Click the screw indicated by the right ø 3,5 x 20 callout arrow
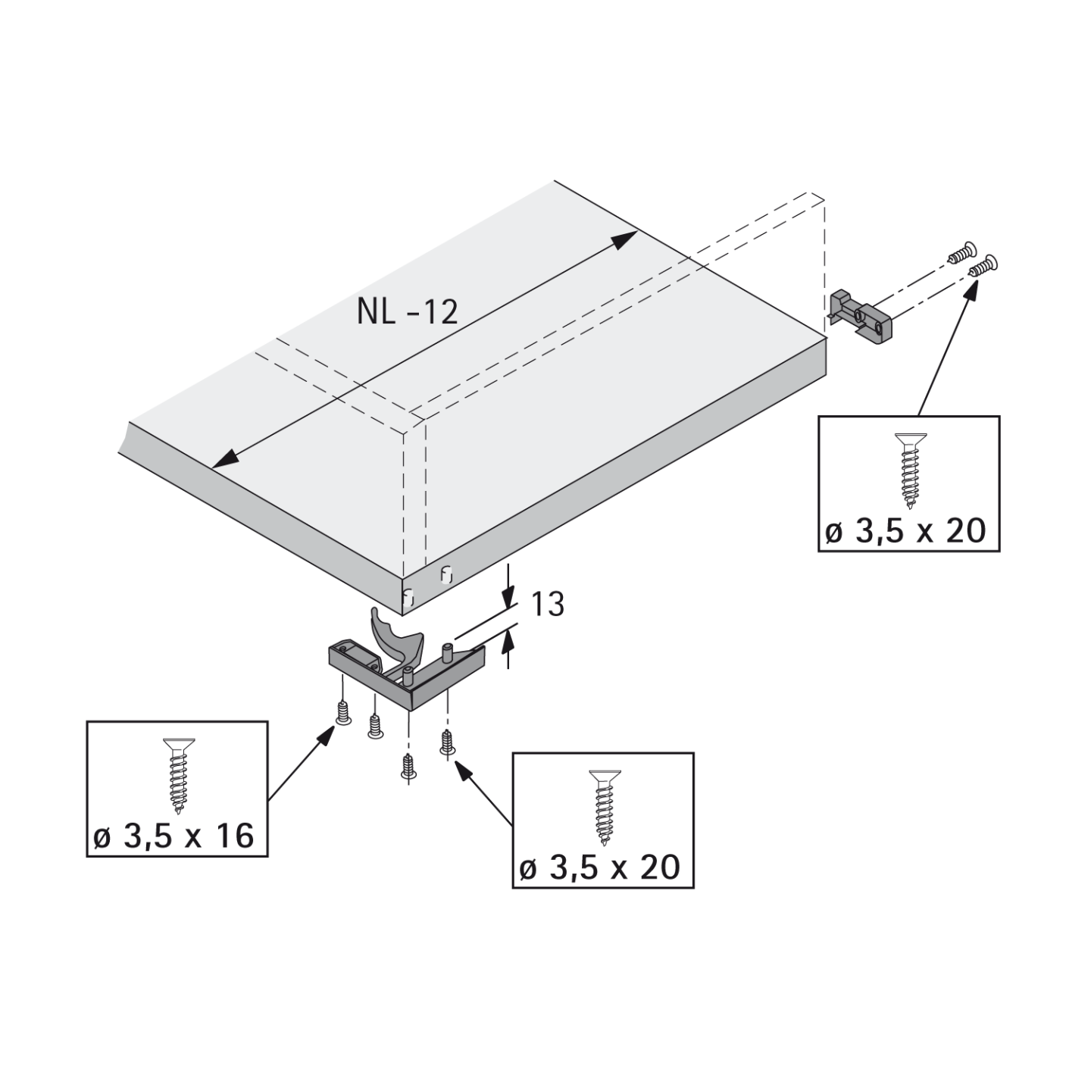(x=983, y=264)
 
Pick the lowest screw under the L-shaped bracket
(x=409, y=764)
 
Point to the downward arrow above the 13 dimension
(x=508, y=592)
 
